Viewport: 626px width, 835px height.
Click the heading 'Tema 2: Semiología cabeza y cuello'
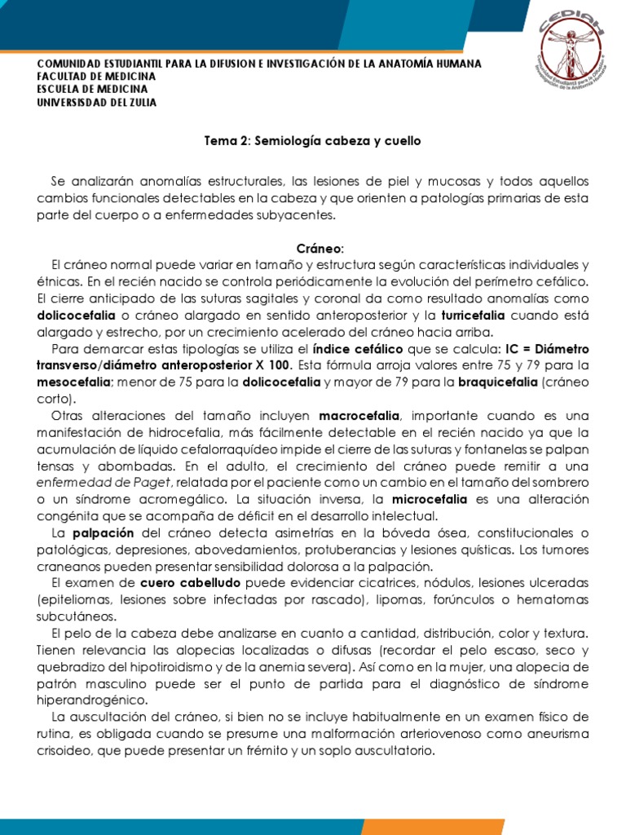312,141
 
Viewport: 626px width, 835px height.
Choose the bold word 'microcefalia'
431,498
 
